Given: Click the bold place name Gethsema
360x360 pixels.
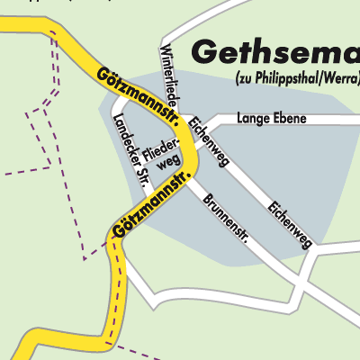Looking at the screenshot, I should point(275,52).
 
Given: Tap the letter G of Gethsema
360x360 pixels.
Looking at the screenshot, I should point(206,52).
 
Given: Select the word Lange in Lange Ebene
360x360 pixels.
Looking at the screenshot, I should point(251,118).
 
